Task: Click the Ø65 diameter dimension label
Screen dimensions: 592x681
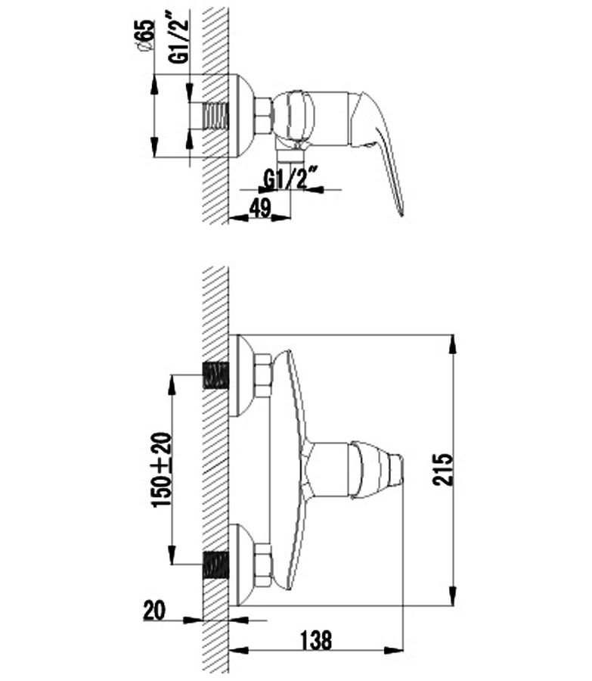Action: pyautogui.click(x=146, y=36)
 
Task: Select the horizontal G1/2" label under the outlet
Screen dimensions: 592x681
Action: pyautogui.click(x=288, y=178)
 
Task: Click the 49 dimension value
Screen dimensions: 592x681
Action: pyautogui.click(x=260, y=208)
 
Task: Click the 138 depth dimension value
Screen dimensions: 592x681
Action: pyautogui.click(x=316, y=639)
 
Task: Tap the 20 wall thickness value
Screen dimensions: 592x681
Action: pyautogui.click(x=154, y=610)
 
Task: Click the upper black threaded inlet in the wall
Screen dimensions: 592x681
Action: pyautogui.click(x=215, y=375)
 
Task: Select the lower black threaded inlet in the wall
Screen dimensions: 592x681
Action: pyautogui.click(x=215, y=565)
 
